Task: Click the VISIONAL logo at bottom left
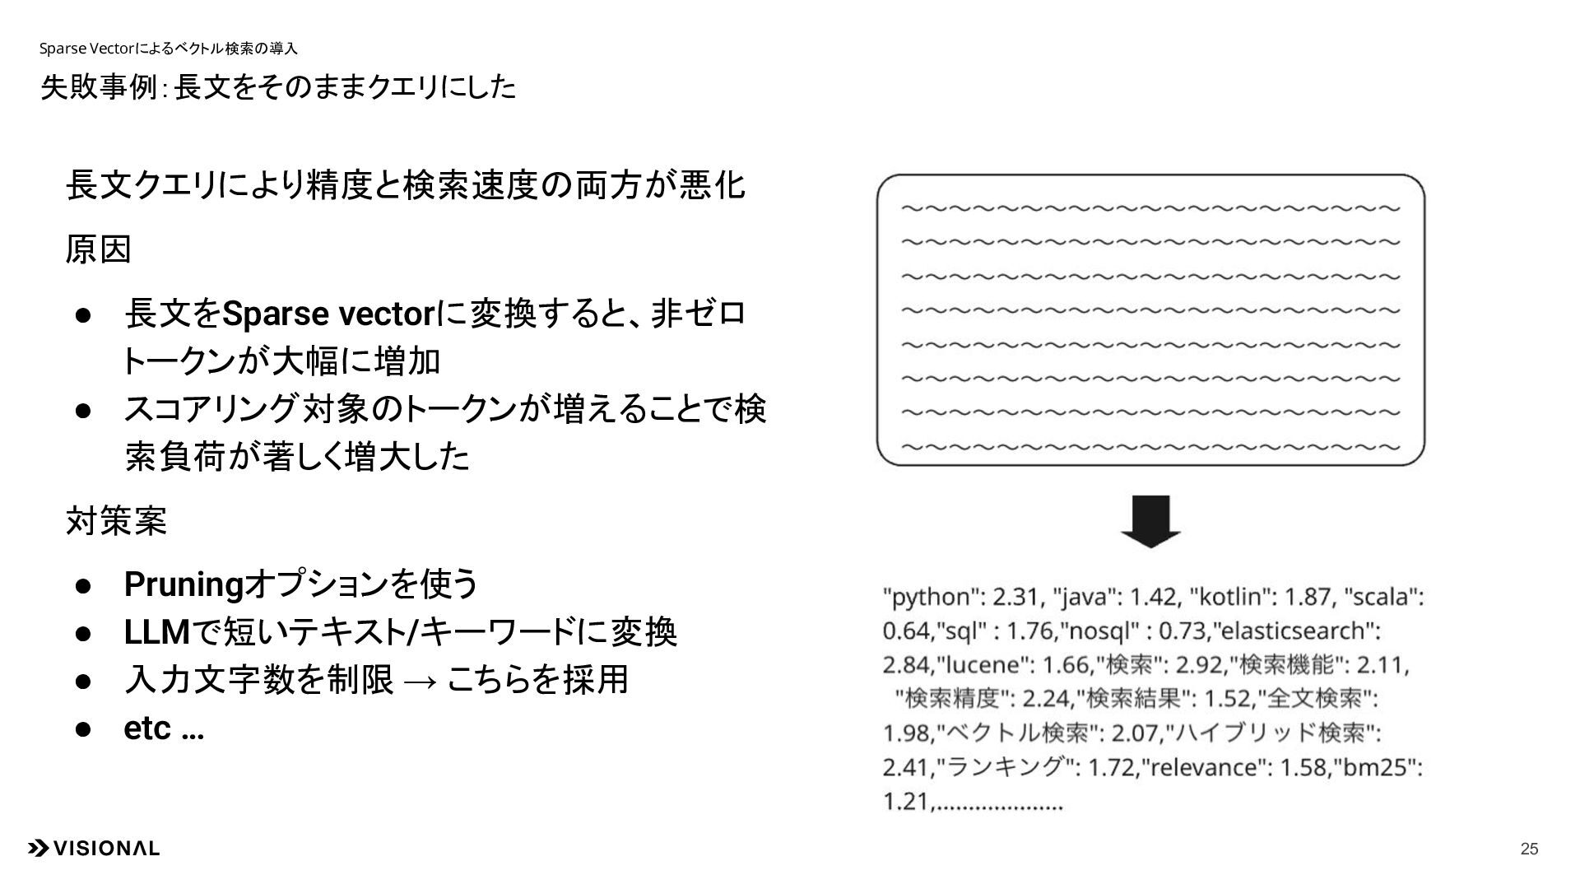click(94, 849)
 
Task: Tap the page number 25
click(1529, 849)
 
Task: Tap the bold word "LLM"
click(156, 632)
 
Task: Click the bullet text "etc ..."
click(164, 728)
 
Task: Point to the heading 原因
click(99, 249)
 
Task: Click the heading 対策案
click(116, 521)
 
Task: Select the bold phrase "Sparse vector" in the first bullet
click(328, 314)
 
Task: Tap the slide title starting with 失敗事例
click(278, 87)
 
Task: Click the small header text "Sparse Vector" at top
click(92, 49)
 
